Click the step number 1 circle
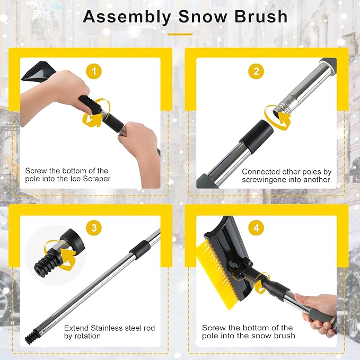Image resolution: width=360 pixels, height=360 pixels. [x=94, y=71]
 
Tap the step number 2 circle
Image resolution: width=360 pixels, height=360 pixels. [x=256, y=71]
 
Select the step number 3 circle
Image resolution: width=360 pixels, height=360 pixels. [x=94, y=229]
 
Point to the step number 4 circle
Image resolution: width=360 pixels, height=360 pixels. [x=256, y=229]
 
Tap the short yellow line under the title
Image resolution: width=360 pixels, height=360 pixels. [x=179, y=34]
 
